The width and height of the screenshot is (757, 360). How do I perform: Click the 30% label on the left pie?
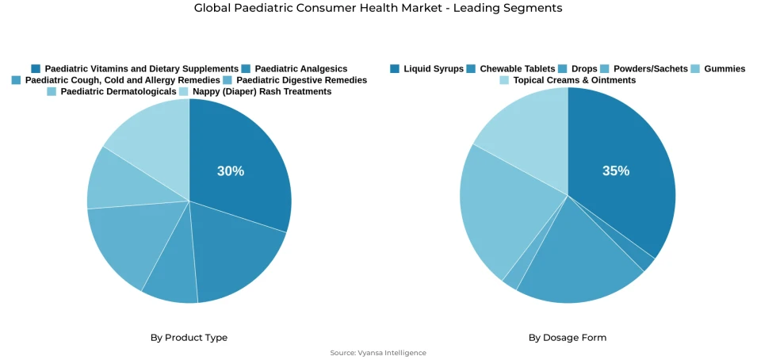[x=231, y=171]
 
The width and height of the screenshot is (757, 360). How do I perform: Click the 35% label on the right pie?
[x=615, y=171]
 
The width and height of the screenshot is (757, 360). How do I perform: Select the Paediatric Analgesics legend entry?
[x=300, y=69]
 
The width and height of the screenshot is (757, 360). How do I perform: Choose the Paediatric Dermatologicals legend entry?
[x=118, y=92]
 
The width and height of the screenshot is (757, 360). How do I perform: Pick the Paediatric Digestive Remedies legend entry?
[x=301, y=80]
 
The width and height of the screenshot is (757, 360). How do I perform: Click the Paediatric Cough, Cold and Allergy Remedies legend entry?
[x=122, y=80]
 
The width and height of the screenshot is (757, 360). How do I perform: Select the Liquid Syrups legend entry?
[x=433, y=69]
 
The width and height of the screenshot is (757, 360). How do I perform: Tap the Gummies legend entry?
[x=724, y=69]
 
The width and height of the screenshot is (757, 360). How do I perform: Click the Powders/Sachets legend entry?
[x=650, y=69]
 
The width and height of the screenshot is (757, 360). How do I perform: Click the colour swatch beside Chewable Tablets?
[x=472, y=69]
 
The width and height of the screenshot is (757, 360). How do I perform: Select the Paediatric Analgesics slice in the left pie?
[x=238, y=254]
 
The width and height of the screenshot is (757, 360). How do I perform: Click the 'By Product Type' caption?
[x=189, y=338]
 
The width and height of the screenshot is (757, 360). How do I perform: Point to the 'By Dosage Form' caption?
[x=568, y=338]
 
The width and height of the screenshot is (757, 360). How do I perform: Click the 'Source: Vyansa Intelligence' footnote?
[x=378, y=353]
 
